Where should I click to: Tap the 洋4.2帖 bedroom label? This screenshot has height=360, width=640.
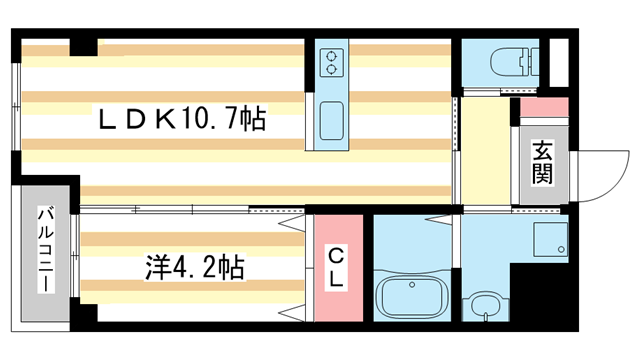coord(195,268)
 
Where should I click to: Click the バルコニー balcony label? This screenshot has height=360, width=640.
coord(45,250)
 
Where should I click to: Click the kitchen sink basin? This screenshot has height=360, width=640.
coord(331,123)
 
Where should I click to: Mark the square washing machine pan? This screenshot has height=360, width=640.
coord(548,239)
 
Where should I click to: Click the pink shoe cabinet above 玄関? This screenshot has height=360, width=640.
coord(541,108)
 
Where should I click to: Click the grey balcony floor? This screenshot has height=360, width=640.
coord(45,300)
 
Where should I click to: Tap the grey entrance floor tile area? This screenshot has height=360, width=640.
coord(542,190)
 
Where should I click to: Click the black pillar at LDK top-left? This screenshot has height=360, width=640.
coord(82,46)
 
